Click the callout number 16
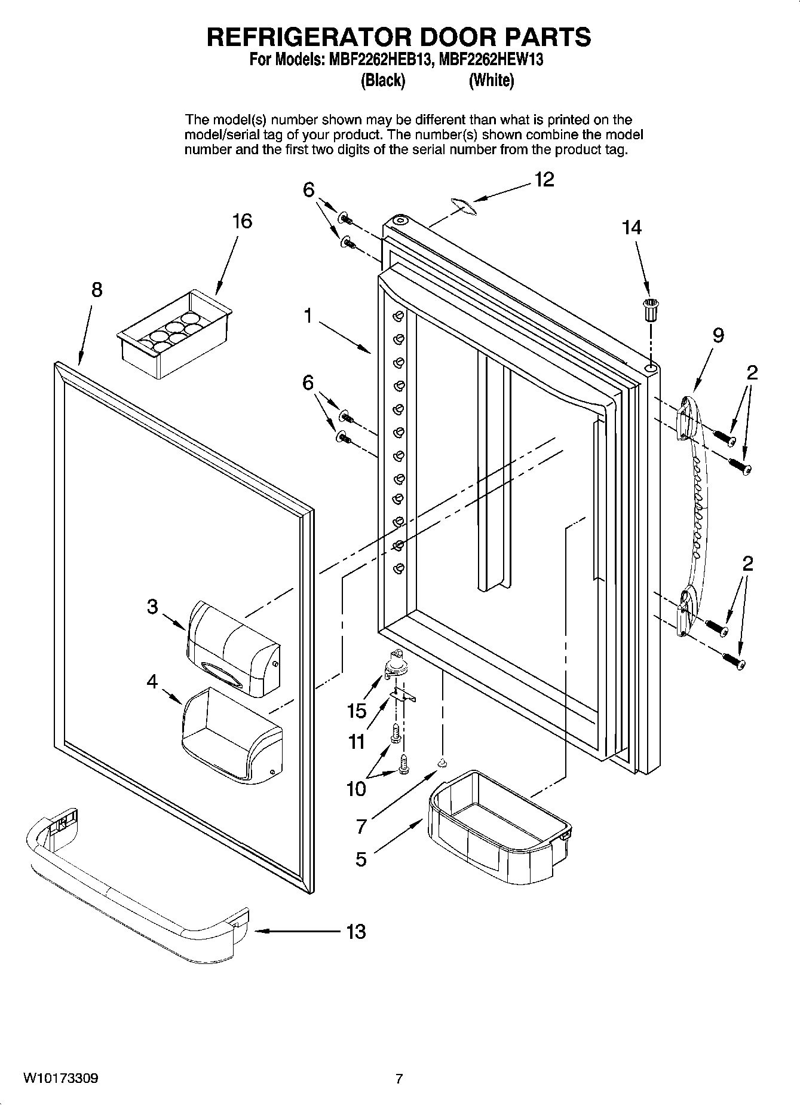tap(242, 222)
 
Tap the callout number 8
tap(96, 290)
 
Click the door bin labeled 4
tap(230, 735)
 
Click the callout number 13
tap(355, 931)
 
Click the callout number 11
tap(356, 742)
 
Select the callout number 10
tap(356, 789)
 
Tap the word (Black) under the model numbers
tap(383, 80)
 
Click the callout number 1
tap(308, 316)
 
